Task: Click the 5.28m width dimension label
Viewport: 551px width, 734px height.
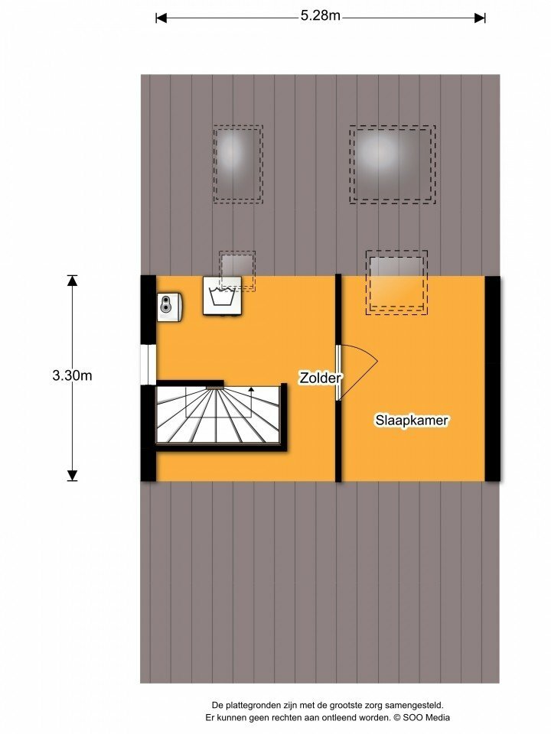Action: (x=321, y=15)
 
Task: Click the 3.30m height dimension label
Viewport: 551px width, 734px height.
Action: (x=72, y=375)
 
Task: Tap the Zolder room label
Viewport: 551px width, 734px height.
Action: (x=321, y=378)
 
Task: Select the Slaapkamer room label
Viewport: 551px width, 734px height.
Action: (x=412, y=420)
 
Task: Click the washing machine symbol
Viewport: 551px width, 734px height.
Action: (x=223, y=296)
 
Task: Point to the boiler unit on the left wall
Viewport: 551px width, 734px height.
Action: (x=169, y=307)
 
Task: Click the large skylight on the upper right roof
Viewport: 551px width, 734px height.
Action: (x=393, y=164)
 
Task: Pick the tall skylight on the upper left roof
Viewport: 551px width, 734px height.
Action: (x=238, y=164)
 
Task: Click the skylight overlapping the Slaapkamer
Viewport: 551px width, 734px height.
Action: (x=397, y=282)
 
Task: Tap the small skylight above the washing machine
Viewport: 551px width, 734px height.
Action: (x=237, y=271)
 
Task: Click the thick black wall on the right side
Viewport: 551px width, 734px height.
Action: (x=492, y=378)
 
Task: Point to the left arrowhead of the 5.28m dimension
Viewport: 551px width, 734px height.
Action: (x=161, y=18)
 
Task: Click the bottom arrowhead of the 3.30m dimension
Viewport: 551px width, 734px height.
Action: (x=72, y=476)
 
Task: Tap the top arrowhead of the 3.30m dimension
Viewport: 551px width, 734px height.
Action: (x=72, y=281)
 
